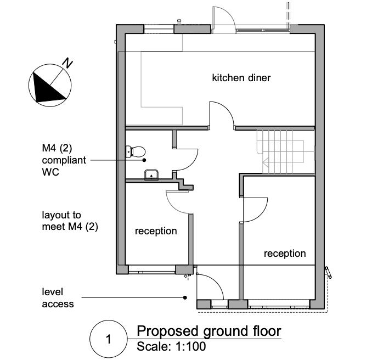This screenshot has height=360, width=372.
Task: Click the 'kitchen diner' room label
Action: click(241, 78)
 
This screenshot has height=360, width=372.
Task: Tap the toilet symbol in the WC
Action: click(135, 151)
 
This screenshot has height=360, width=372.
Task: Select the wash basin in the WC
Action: click(150, 176)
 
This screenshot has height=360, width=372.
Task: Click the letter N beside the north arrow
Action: click(67, 63)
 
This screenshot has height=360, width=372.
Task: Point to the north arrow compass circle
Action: click(50, 86)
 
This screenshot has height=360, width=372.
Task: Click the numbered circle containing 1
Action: click(108, 339)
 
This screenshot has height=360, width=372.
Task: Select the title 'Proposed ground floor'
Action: click(208, 331)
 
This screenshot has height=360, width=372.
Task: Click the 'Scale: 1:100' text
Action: click(171, 347)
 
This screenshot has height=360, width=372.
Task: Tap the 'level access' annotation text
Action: click(58, 297)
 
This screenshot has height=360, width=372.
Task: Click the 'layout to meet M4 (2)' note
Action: click(70, 221)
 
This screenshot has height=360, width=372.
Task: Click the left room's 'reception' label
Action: click(156, 231)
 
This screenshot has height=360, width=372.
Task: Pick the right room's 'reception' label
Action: click(285, 253)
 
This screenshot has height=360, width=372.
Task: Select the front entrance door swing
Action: click(206, 288)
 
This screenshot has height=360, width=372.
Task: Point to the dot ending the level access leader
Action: click(185, 297)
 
